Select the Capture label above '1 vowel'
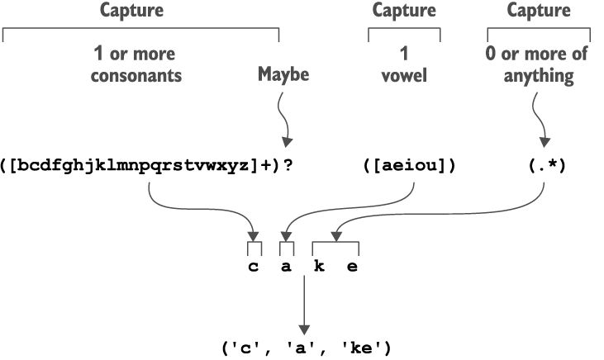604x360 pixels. pos(404,11)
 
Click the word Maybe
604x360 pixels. pos(283,75)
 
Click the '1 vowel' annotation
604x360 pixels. pos(404,65)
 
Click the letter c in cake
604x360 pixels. pos(254,266)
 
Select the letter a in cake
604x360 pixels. pos(286,266)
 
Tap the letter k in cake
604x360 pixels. pos(319,266)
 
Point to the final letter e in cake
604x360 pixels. pos(352,266)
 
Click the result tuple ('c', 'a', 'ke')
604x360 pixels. pos(306,348)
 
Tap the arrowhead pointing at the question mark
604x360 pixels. pos(288,142)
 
